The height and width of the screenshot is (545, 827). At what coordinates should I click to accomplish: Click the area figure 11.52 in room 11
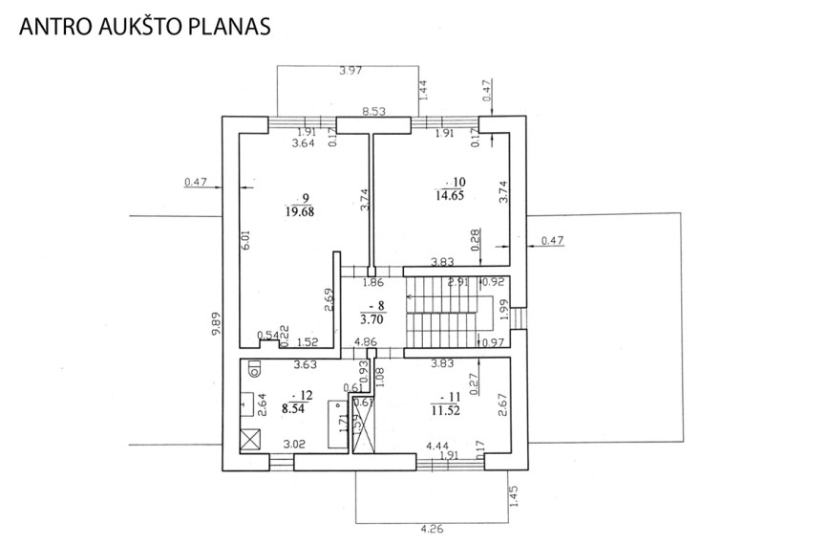(446, 411)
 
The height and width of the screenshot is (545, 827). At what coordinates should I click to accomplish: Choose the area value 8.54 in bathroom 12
(293, 408)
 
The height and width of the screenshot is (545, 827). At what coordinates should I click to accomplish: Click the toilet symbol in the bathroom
(254, 367)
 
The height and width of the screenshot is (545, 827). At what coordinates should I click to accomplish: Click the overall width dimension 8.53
(374, 111)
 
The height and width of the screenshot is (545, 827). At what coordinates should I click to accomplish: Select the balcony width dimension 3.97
(350, 70)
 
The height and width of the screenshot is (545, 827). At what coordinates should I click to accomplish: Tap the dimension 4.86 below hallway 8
(366, 341)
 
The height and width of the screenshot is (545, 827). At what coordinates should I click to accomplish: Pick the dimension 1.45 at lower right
(514, 496)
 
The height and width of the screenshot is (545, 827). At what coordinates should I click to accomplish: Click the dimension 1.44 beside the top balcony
(423, 90)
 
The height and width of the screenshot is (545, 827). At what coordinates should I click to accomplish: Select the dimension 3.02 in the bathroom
(294, 445)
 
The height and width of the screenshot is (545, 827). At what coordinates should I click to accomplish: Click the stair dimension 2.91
(457, 281)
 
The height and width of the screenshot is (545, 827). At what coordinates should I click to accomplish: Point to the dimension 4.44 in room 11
(437, 447)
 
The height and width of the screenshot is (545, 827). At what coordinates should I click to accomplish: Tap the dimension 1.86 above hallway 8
(372, 282)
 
